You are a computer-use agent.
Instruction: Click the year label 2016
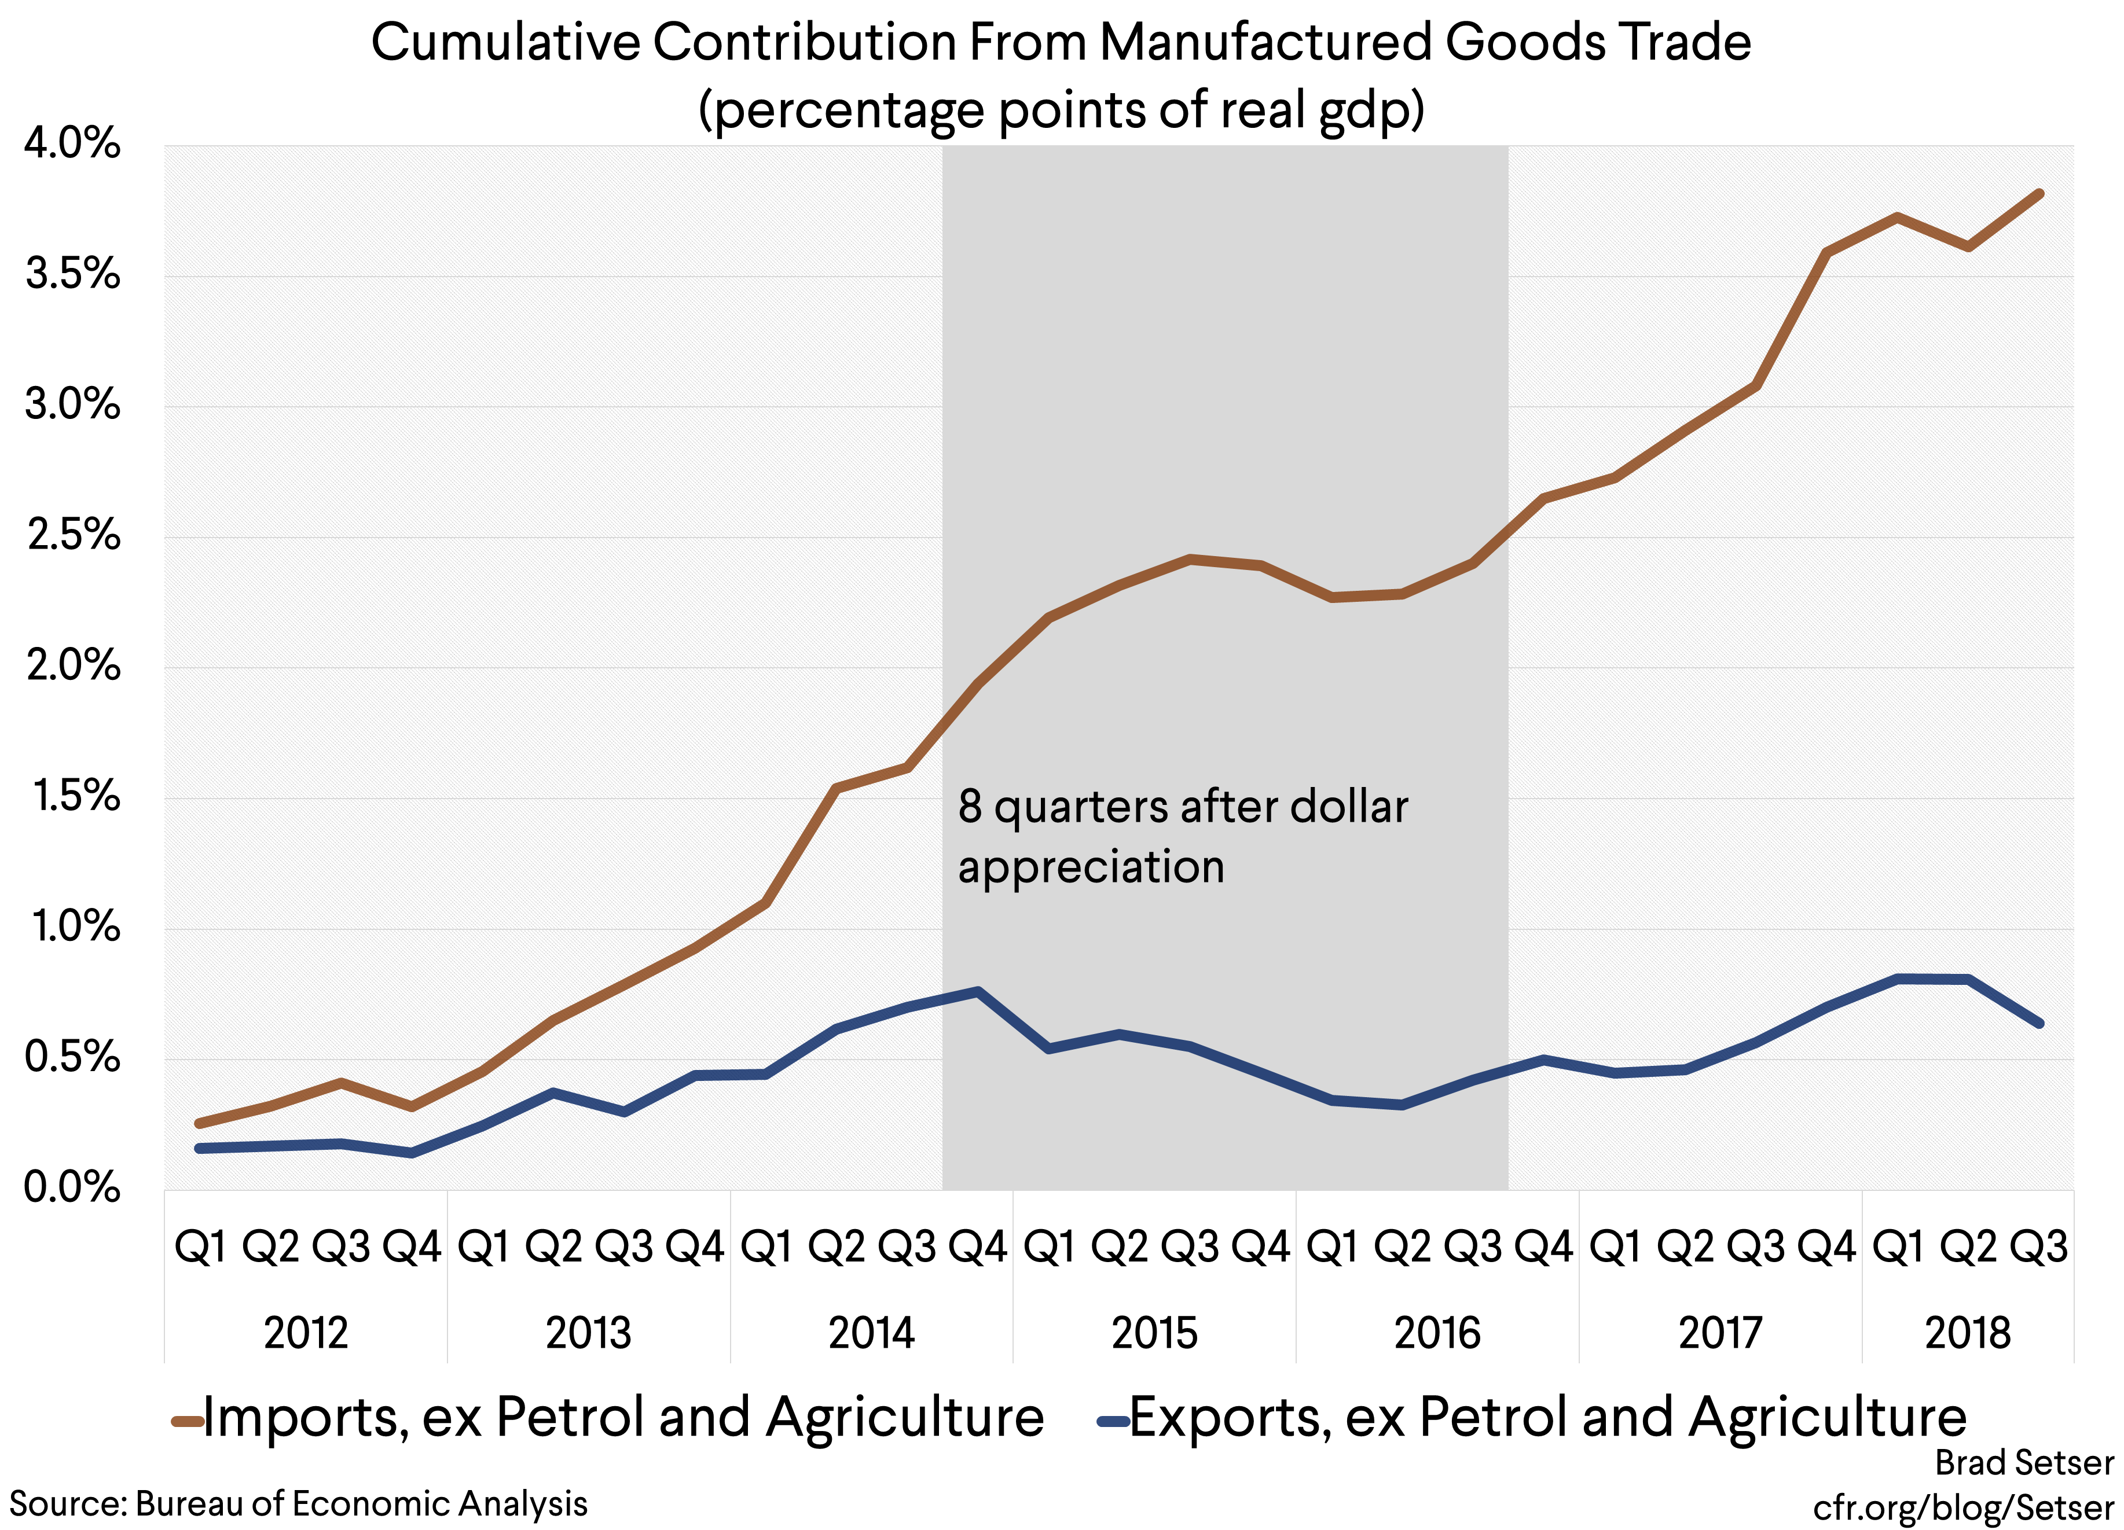point(1437,1333)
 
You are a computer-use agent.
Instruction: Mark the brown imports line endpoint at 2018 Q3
point(2039,194)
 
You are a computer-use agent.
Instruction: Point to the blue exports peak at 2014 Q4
point(978,991)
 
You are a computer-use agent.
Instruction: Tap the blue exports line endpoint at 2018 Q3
point(2039,1024)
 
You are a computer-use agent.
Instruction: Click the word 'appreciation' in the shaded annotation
point(1091,866)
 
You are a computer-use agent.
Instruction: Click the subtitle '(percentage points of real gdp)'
point(1061,109)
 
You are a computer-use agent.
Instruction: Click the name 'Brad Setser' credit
point(2024,1462)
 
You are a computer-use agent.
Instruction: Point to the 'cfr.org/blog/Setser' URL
point(1963,1507)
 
